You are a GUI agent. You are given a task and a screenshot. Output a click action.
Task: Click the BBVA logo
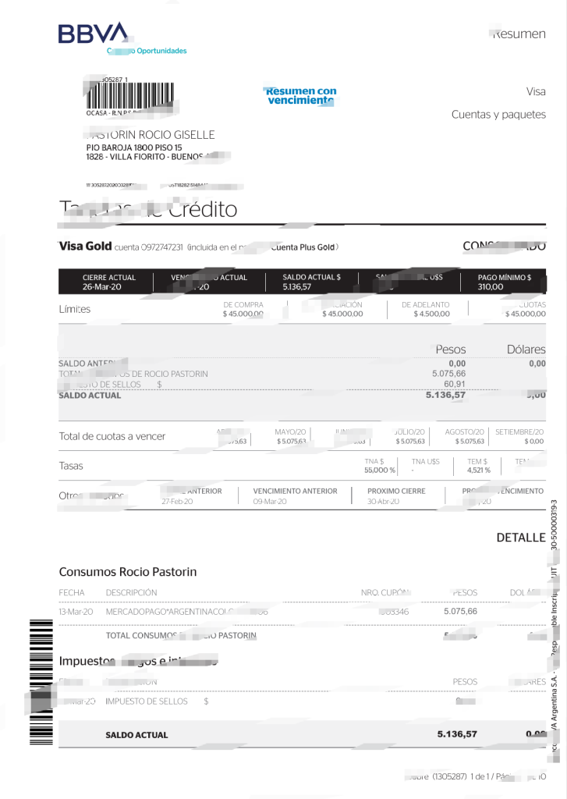[92, 34]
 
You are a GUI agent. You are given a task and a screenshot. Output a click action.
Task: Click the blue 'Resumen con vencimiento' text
[300, 96]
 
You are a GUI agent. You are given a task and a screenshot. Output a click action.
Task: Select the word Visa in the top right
[536, 91]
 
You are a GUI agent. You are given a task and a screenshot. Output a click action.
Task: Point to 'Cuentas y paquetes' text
[498, 115]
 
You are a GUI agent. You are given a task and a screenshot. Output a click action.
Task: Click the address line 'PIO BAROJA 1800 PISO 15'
[133, 147]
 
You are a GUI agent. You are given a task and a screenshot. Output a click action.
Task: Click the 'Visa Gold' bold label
[85, 247]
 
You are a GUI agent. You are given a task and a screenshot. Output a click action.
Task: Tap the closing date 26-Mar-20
[101, 287]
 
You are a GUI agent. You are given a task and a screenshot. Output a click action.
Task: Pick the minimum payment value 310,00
[491, 287]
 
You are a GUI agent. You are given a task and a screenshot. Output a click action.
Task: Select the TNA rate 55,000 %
[381, 471]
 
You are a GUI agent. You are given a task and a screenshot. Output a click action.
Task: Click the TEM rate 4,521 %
[478, 471]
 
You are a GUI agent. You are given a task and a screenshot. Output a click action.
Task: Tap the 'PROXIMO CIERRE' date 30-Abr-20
[384, 502]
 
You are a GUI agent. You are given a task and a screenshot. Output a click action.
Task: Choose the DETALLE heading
[520, 538]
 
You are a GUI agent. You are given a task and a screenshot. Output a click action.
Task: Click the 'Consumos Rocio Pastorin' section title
[128, 572]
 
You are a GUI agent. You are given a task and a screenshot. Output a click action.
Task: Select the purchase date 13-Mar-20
[76, 612]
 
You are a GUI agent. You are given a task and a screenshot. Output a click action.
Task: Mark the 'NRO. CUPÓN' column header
[385, 592]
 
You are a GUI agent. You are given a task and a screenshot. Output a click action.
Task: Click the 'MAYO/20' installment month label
[291, 431]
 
